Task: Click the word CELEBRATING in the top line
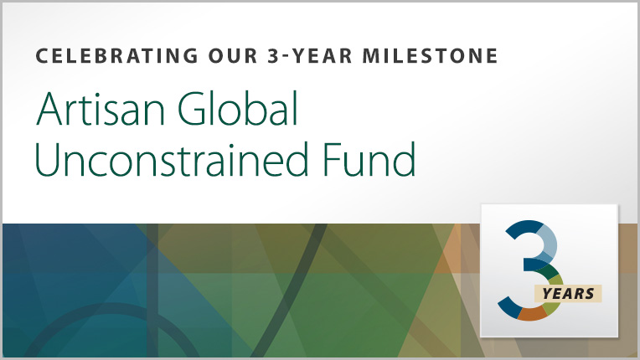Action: coord(116,56)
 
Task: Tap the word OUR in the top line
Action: coord(233,56)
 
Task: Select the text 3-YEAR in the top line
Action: coord(310,56)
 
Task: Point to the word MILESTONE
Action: coord(431,56)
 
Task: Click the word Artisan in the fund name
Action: coord(101,109)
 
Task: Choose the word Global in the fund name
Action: coord(238,109)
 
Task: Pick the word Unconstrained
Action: coord(172,159)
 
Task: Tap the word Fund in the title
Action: coord(369,159)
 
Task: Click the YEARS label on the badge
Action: coord(568,294)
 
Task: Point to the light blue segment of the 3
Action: coord(546,242)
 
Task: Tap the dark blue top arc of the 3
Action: coord(523,228)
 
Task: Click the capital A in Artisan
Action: coord(49,109)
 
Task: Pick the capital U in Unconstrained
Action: coord(48,159)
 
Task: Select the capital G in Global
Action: coord(193,110)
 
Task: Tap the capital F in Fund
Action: coord(332,159)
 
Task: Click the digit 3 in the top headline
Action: coord(273,56)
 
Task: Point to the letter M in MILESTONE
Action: coord(372,56)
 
